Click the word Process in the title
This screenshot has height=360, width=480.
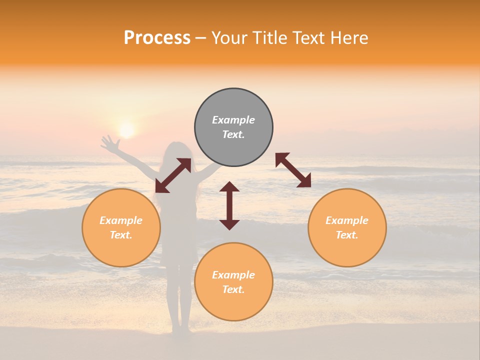tap(157, 38)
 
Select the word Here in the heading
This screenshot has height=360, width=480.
tap(349, 38)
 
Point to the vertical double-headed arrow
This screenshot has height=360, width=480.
tap(229, 205)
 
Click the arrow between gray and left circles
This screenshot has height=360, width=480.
tap(173, 175)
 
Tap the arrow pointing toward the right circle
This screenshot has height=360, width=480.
tap(293, 170)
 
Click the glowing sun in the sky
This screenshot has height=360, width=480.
tap(126, 130)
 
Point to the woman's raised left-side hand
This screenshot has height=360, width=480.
tap(108, 143)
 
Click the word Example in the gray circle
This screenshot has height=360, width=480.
tap(233, 120)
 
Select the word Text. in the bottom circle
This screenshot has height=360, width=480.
tap(233, 289)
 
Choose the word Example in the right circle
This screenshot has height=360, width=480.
tap(347, 220)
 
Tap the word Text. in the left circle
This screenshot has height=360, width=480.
tap(121, 235)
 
